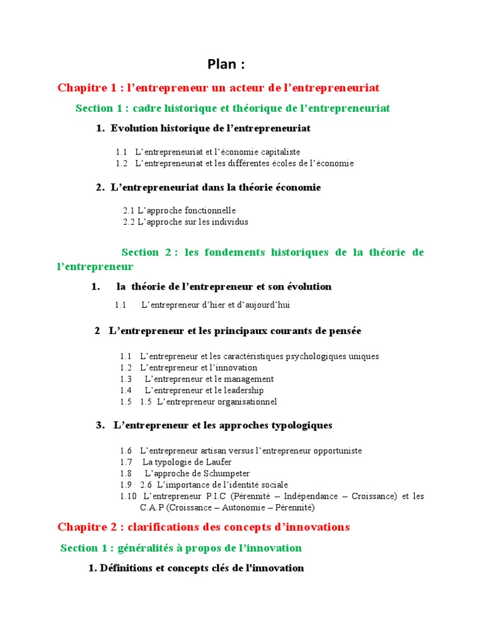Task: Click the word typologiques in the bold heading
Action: click(294, 425)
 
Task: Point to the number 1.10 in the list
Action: click(127, 496)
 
